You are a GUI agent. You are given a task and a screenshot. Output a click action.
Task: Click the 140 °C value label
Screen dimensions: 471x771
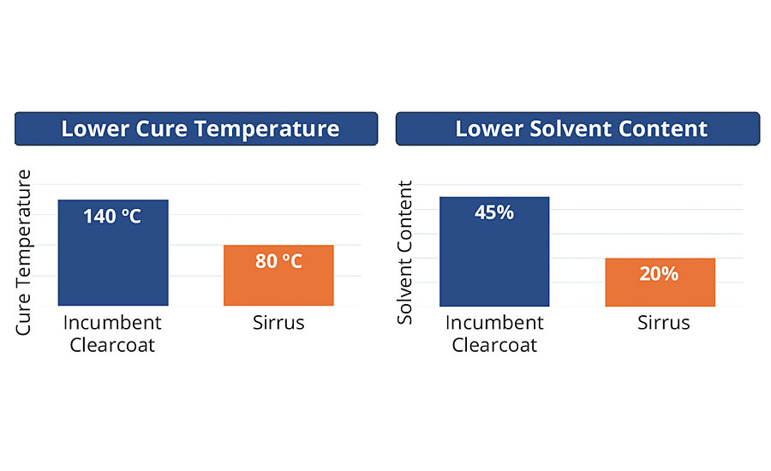click(112, 216)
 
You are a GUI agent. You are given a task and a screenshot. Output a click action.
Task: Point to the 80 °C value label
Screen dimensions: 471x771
click(278, 260)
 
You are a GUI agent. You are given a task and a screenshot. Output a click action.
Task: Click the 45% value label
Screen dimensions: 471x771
click(494, 212)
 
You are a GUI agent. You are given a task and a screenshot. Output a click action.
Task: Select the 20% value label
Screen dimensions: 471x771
click(660, 273)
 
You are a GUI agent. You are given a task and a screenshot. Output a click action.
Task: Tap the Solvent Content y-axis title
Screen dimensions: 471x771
click(405, 252)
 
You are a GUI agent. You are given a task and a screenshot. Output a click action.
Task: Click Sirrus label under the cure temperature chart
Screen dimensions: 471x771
click(278, 324)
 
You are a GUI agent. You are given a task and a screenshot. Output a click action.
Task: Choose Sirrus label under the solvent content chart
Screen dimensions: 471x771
click(660, 324)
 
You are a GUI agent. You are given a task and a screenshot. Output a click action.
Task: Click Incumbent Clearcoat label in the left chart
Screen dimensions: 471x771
click(112, 334)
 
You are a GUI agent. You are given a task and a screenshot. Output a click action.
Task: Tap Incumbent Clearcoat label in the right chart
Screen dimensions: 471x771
click(494, 334)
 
